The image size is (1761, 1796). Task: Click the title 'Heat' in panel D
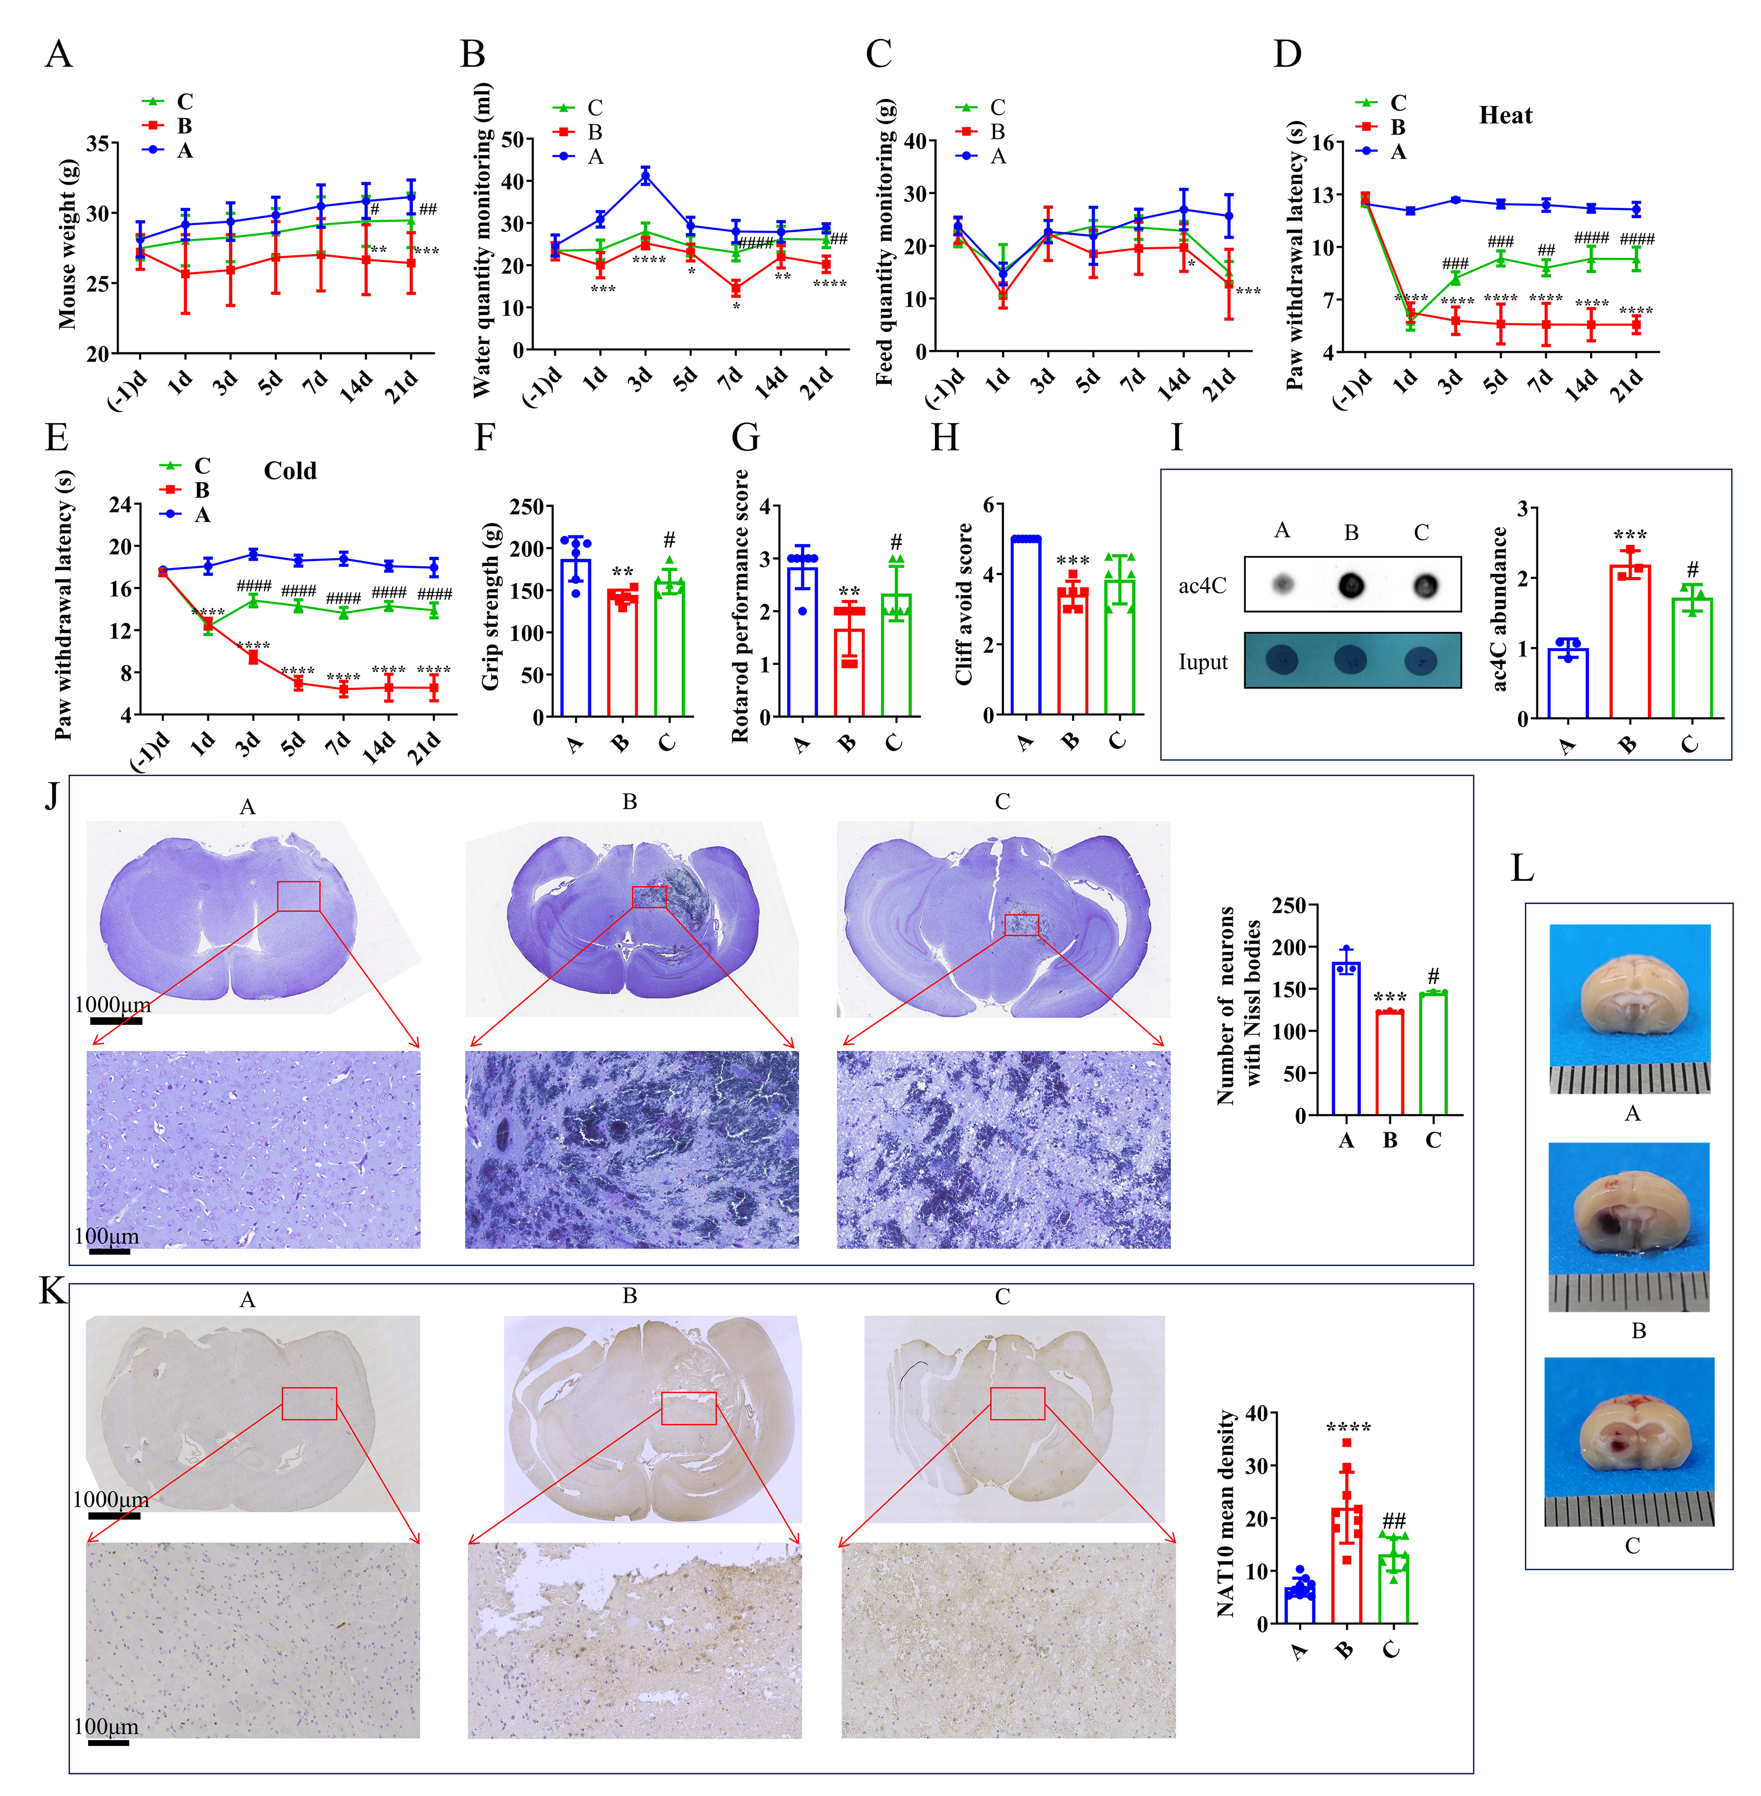(x=1505, y=116)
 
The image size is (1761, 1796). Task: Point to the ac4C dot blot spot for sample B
(x=1351, y=585)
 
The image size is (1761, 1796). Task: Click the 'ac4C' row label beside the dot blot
(x=1202, y=585)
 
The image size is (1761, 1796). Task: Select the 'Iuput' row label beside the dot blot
(x=1202, y=663)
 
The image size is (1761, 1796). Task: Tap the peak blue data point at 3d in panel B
(x=645, y=176)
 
